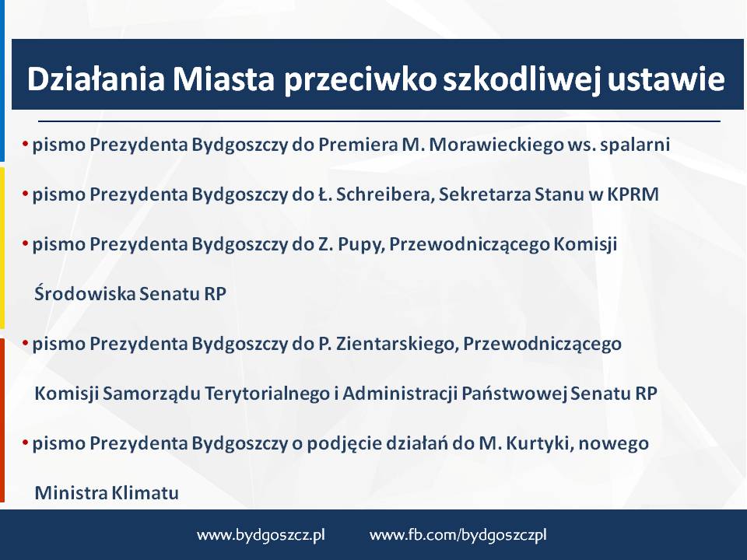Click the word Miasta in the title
pos(223,79)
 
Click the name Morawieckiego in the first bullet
pos(497,145)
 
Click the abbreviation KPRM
pos(633,194)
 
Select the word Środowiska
pos(85,293)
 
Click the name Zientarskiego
pos(398,344)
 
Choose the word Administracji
pos(400,394)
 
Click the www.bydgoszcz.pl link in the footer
pos(261,535)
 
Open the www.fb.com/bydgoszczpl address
pos(458,535)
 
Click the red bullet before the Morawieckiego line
pos(25,143)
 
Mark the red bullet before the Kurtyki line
pos(25,442)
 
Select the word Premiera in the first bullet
pos(358,145)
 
